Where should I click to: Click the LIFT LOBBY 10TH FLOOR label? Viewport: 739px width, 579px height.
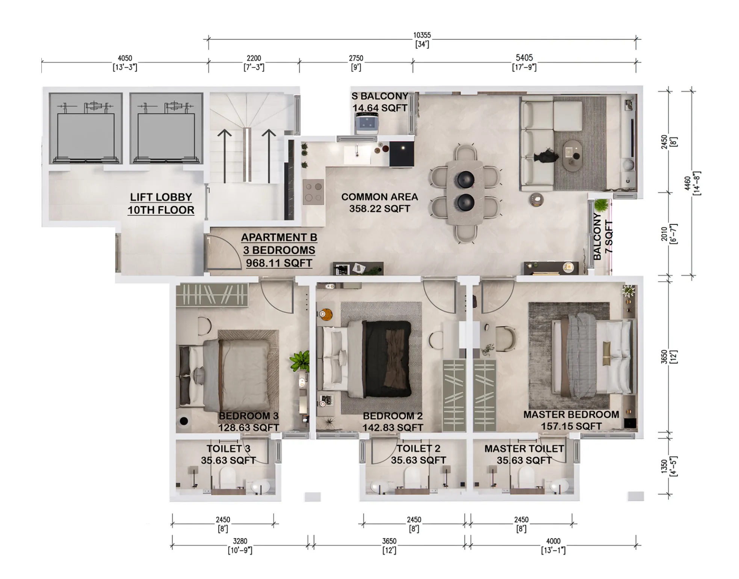(161, 204)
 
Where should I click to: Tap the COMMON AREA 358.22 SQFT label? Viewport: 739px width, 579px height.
(379, 203)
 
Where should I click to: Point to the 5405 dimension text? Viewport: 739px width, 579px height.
(524, 58)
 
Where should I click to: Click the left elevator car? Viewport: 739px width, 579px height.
(86, 128)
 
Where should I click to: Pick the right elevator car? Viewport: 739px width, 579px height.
(166, 128)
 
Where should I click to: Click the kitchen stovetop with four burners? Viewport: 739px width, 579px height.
(313, 191)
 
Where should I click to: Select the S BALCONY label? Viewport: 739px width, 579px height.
(379, 96)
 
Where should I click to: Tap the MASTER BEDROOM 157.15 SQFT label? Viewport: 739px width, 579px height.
(571, 420)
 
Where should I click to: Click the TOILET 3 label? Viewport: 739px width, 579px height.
(228, 449)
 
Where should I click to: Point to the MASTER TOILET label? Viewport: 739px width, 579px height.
(524, 449)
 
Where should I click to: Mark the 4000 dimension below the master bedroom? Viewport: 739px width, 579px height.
(553, 541)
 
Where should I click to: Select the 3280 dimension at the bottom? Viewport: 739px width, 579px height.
(240, 541)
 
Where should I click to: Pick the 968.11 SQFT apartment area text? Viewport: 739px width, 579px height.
(279, 263)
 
